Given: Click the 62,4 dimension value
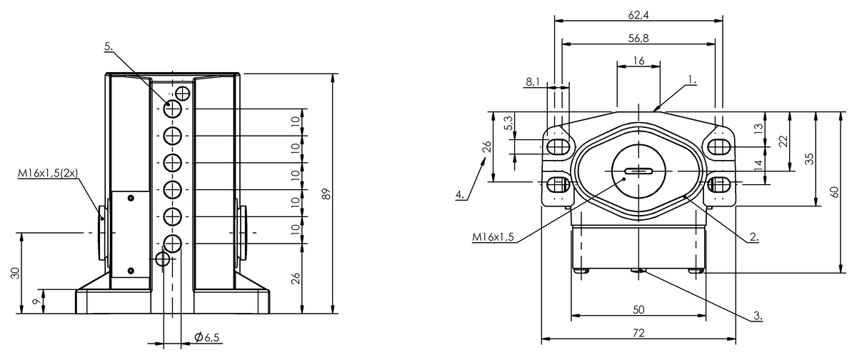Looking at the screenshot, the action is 638,15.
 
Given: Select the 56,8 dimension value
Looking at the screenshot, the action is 638,39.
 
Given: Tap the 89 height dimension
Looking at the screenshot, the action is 326,194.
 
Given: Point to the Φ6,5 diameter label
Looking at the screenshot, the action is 206,337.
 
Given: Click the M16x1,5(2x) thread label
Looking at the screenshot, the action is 48,174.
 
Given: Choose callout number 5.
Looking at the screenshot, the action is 109,46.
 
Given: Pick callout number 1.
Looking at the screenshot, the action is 692,80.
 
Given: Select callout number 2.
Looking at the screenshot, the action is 754,237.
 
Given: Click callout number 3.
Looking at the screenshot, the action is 758,316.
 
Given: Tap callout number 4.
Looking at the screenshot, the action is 460,195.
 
